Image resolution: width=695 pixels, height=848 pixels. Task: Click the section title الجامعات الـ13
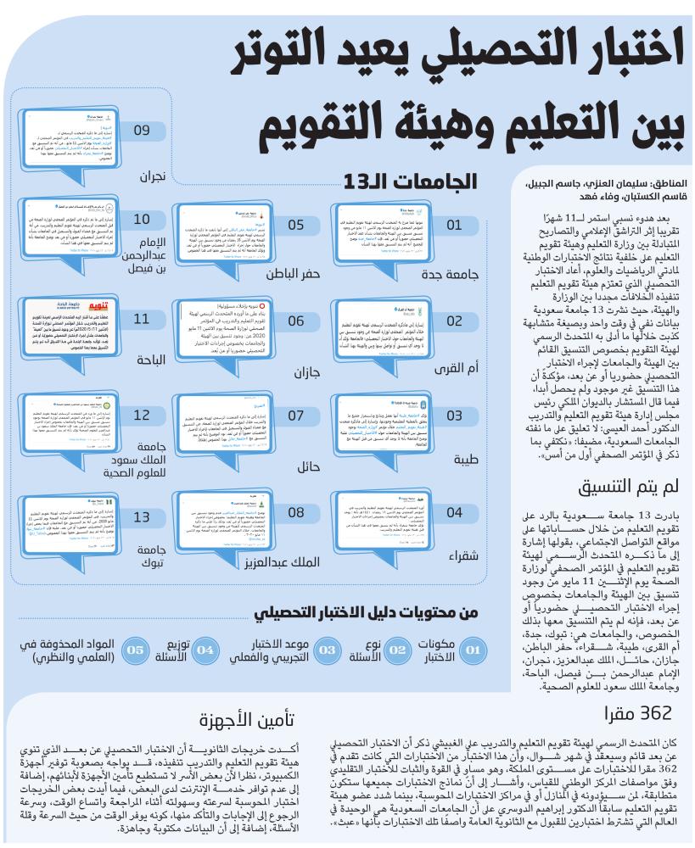click(415, 181)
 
